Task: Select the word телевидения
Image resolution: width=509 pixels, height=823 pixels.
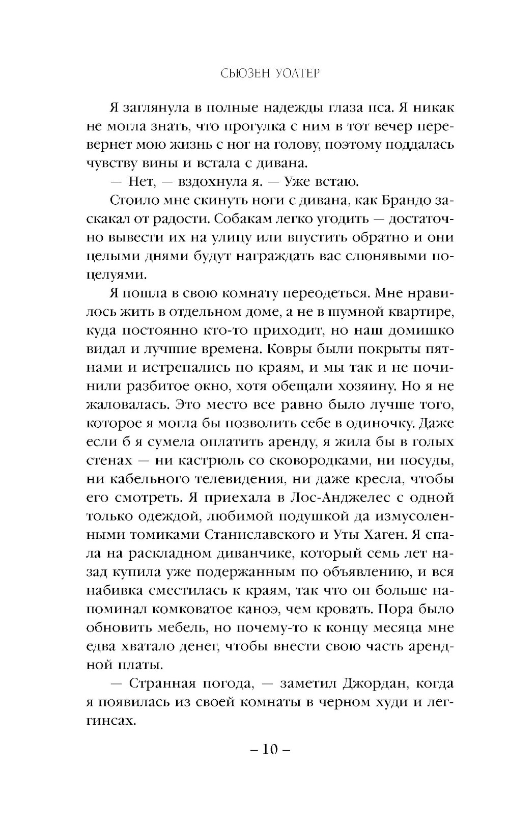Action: tap(240, 479)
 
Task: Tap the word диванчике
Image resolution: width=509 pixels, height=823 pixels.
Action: tap(243, 553)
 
